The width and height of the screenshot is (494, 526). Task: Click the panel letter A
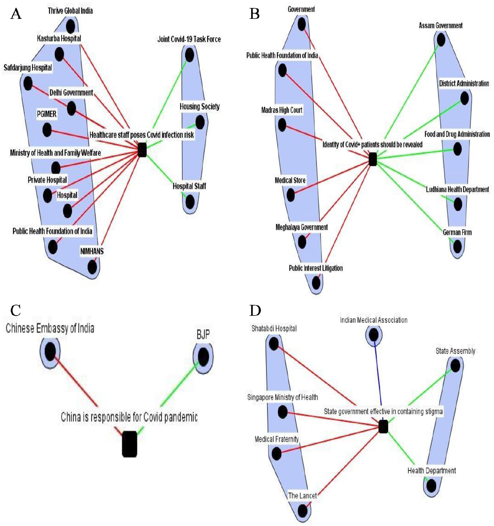[16, 14]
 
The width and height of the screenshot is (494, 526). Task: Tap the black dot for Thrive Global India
[70, 26]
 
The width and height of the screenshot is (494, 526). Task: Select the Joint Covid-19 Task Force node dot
[189, 55]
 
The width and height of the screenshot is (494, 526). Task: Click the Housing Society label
[200, 107]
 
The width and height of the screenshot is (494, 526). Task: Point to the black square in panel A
[142, 150]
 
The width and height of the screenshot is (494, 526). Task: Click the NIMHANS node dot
[92, 267]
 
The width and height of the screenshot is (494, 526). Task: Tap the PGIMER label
[47, 114]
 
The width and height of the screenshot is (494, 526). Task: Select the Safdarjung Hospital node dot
[28, 83]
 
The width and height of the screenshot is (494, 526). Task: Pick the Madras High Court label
[282, 110]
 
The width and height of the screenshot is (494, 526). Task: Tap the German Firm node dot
[457, 247]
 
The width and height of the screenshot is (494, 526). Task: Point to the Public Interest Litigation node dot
[316, 283]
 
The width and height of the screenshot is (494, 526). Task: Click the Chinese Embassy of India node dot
[50, 352]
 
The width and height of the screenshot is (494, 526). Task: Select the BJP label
[203, 335]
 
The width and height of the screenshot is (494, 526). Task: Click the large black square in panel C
[130, 444]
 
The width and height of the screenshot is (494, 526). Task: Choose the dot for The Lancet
[302, 511]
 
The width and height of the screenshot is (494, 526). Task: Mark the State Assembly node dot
[455, 366]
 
